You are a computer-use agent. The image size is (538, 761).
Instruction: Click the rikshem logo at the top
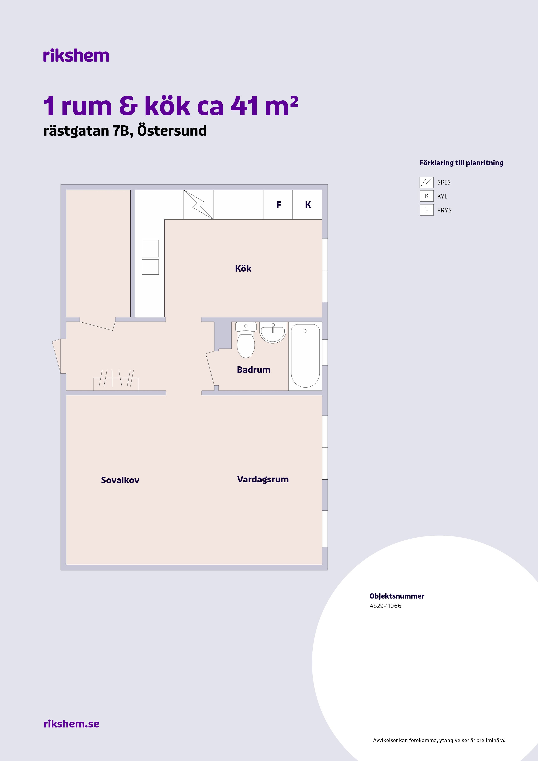(76, 55)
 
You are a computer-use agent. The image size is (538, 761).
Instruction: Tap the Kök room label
(243, 268)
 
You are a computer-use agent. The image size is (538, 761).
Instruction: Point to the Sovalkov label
(120, 480)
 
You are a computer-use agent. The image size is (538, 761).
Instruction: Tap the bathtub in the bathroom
(305, 356)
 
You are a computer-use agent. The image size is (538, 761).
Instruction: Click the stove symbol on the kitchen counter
(198, 205)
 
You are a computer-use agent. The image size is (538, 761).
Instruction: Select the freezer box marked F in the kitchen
(278, 205)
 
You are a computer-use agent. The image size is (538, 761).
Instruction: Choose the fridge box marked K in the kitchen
(307, 205)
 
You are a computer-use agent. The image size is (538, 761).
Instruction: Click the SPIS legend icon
(427, 182)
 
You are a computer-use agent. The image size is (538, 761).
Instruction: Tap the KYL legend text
(442, 196)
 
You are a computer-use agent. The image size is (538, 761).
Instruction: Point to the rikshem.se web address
(71, 724)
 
